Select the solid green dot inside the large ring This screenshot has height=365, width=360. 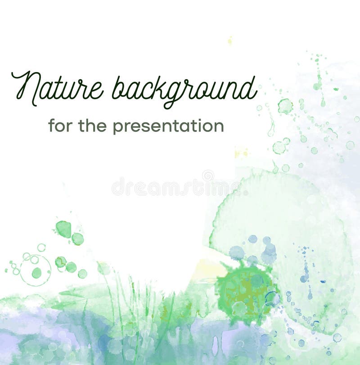tap(36, 273)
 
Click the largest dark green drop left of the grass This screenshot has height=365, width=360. tap(63, 229)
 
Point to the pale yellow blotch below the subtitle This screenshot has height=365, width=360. tap(241, 153)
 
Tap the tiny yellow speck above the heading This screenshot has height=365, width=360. tap(230, 41)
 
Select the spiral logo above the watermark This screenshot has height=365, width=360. tap(207, 175)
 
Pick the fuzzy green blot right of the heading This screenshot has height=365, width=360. tap(285, 106)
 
